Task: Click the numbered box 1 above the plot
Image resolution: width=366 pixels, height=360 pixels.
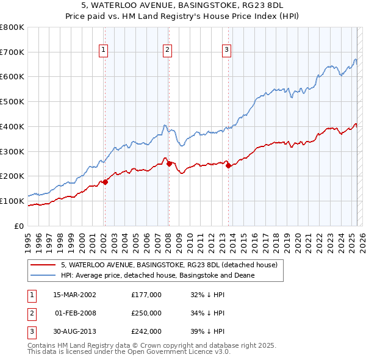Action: tap(104, 50)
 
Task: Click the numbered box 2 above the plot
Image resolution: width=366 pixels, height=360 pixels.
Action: tap(167, 50)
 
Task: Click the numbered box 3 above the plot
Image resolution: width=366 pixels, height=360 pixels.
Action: tap(226, 50)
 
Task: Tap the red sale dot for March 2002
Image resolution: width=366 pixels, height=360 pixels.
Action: tap(105, 181)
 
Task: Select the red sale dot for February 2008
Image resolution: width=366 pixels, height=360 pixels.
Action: tap(169, 163)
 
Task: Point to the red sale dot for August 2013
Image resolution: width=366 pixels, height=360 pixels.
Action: tap(228, 165)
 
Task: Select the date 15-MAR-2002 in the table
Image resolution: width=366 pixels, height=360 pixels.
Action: tap(74, 294)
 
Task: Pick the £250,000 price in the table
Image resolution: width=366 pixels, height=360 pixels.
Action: tap(146, 313)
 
